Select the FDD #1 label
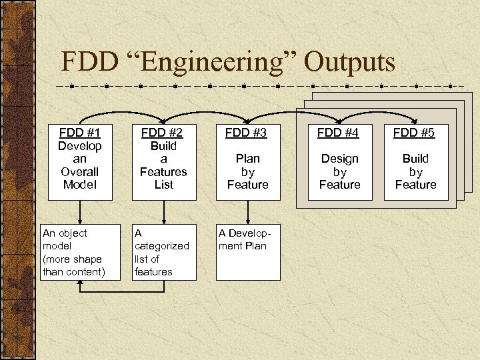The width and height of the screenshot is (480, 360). pos(80,132)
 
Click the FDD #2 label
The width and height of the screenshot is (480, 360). pos(163,132)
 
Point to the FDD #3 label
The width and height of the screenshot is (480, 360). pos(246,133)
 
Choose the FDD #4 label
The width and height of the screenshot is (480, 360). pos(338,133)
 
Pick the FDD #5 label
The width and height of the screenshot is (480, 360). pos(414,133)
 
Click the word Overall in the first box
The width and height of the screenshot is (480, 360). pos(80,171)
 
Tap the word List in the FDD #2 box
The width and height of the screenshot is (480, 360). pos(163,184)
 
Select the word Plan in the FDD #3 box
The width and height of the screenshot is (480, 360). pos(247,159)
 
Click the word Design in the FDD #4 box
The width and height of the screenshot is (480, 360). pos(339,159)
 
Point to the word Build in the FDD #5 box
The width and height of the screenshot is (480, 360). pos(415,159)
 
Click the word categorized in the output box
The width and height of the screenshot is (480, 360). pos(162,245)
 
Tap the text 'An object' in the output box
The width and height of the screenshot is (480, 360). pos(65,233)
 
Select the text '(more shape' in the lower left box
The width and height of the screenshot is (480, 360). pos(72,259)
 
